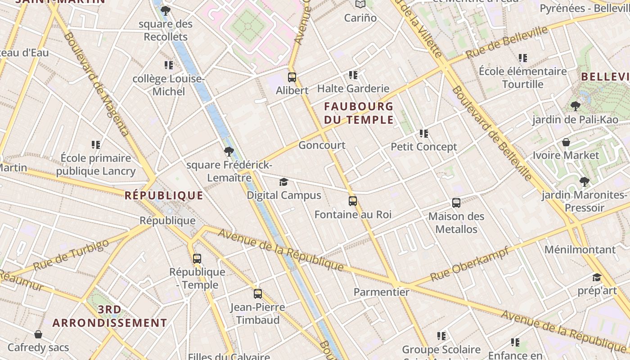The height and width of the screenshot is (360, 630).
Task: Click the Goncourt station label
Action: coord(322,145)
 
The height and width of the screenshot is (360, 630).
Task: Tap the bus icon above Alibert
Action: coord(292,77)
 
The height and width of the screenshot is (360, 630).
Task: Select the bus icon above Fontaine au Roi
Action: coord(353,201)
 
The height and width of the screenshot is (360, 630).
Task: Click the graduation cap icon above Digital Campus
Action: coord(283,182)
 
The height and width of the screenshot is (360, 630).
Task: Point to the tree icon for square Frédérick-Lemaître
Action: coord(229,151)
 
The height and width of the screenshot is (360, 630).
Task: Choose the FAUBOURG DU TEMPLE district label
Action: coord(359,113)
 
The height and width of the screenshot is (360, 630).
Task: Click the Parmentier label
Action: coord(382,292)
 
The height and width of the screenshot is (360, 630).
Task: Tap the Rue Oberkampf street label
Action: coord(469,264)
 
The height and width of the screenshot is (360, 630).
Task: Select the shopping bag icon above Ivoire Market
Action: coord(566,142)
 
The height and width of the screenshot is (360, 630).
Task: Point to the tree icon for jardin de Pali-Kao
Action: coord(575,106)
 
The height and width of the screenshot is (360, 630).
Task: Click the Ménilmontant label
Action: coord(580,249)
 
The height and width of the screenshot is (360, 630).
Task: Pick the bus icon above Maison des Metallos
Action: coord(456,203)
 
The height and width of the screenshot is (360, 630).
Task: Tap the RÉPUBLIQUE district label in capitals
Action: coord(164,195)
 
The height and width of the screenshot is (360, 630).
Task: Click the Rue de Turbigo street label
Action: coord(71,255)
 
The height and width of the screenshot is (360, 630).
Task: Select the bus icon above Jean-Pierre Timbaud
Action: coord(258,294)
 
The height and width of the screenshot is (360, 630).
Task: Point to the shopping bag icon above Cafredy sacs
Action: coord(38,334)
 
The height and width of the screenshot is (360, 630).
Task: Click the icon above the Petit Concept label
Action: coord(423,133)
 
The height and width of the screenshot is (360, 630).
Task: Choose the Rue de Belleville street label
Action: coord(507,42)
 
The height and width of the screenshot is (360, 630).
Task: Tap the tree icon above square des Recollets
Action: coord(166,11)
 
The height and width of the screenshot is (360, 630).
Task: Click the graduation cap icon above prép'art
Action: coord(597,277)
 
